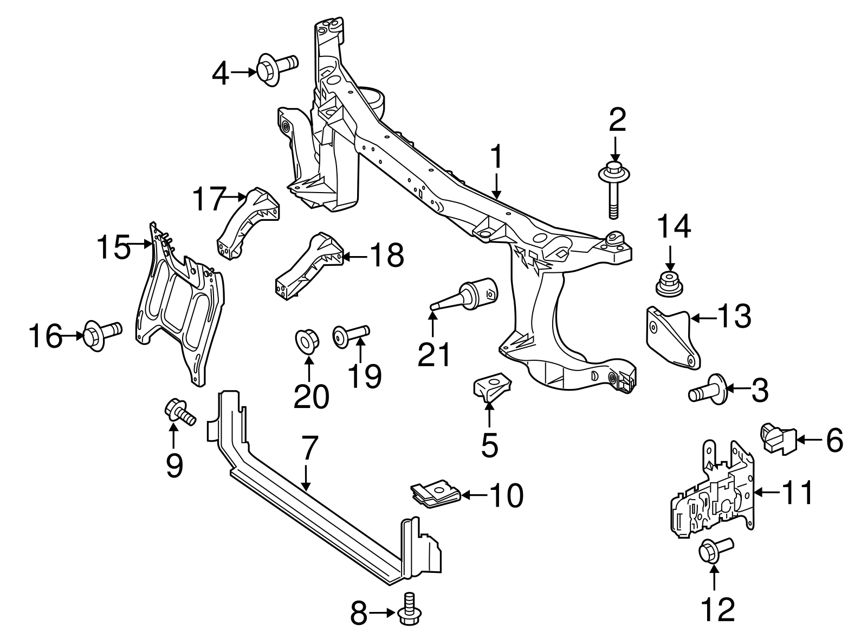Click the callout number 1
pos(496,159)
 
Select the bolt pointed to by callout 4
pos(275,69)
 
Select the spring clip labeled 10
pos(435,493)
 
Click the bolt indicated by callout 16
pos(101,334)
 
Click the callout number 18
pos(386,255)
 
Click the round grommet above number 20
pos(307,341)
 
